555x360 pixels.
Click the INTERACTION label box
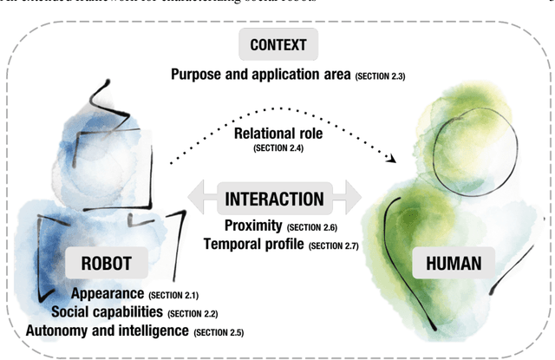coord(275,199)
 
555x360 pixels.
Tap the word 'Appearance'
coord(108,294)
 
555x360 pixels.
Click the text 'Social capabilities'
coord(107,311)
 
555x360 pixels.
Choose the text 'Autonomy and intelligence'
coord(107,330)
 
